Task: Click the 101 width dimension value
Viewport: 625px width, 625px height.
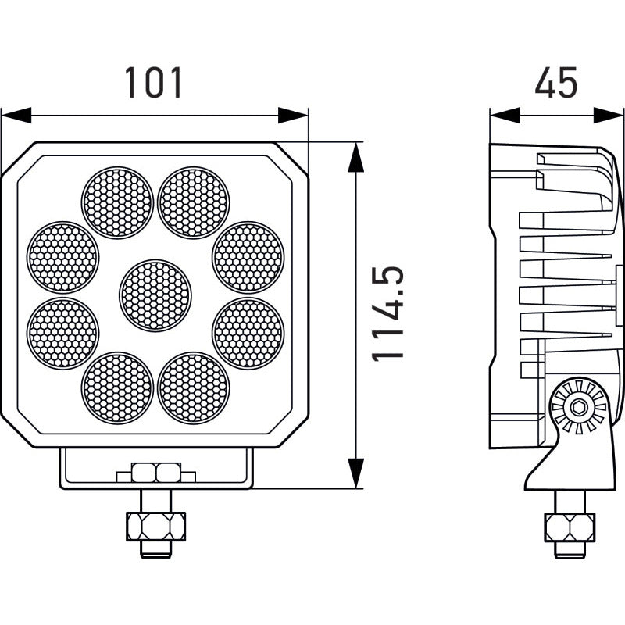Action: point(154,83)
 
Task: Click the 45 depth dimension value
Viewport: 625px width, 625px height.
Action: point(555,83)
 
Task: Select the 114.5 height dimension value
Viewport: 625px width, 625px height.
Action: point(388,313)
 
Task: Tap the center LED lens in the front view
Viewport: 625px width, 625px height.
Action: point(155,295)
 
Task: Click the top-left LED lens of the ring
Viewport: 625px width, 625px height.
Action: point(117,203)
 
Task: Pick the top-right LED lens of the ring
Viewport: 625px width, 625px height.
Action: point(194,203)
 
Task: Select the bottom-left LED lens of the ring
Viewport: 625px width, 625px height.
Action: point(117,387)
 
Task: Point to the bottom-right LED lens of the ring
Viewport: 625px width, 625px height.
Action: point(194,387)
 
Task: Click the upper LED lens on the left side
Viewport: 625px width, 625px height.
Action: point(63,257)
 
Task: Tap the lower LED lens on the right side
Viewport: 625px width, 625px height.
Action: point(248,333)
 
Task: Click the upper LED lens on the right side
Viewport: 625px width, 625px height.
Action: point(248,257)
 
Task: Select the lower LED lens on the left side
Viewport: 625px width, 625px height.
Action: point(63,333)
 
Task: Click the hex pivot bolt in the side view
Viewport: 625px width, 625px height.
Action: point(578,407)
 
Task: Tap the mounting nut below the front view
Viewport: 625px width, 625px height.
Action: point(155,526)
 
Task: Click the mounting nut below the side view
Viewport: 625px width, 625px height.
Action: point(570,527)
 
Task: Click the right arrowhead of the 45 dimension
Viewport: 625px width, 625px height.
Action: point(609,116)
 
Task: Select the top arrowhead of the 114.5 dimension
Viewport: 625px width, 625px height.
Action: point(356,156)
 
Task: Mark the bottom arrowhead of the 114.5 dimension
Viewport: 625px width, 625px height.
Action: point(356,474)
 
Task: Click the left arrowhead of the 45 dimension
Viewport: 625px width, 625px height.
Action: point(505,116)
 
